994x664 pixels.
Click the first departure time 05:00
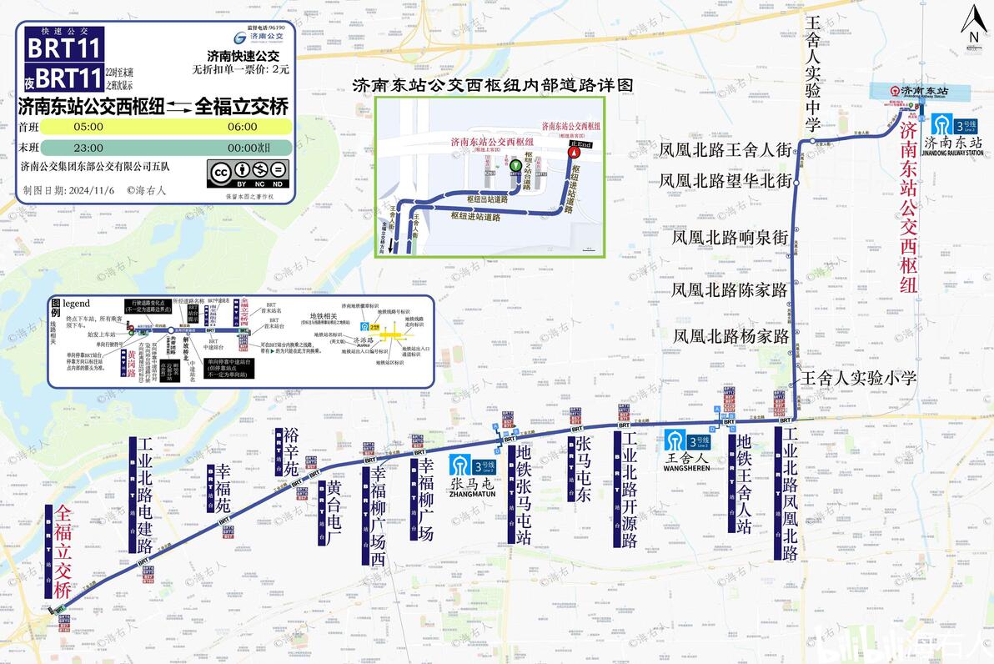(x=88, y=127)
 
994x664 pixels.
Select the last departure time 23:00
(x=88, y=148)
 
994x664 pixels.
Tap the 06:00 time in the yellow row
(x=242, y=127)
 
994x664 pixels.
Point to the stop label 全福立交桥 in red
(x=63, y=551)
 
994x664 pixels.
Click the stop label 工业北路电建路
(x=145, y=495)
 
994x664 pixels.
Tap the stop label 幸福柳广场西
(x=379, y=515)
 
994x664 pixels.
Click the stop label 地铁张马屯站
(x=524, y=495)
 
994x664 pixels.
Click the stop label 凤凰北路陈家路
(x=730, y=290)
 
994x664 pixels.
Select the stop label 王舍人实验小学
(x=859, y=378)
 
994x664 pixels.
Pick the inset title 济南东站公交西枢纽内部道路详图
(x=494, y=85)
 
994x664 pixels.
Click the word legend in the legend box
(x=76, y=304)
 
